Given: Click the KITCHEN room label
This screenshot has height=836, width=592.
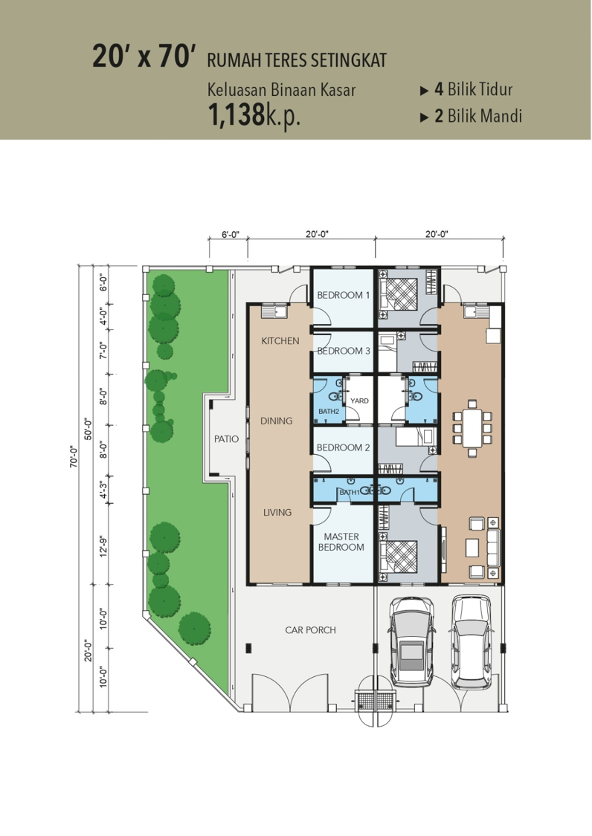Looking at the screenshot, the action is (280, 340).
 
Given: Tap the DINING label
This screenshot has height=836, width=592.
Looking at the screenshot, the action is (276, 421).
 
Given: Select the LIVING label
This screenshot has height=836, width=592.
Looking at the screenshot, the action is (277, 512).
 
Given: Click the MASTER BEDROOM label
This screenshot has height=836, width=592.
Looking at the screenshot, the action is (341, 542).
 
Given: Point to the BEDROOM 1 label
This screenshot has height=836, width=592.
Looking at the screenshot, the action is (344, 295).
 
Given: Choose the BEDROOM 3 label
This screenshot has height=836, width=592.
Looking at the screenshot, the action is (344, 351).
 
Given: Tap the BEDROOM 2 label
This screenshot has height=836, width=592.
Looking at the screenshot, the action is (344, 447).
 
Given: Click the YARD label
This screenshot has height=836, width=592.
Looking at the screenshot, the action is (359, 401).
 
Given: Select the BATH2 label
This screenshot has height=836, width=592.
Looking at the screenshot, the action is (329, 411).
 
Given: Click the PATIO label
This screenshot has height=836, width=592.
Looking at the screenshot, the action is (226, 438).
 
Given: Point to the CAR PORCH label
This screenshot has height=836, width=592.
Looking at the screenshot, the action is (310, 629).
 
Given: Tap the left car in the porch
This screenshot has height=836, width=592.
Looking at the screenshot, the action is (411, 641).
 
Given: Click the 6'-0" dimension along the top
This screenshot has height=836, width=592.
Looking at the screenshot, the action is (231, 234).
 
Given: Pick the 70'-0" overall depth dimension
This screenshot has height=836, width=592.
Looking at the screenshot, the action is (74, 456).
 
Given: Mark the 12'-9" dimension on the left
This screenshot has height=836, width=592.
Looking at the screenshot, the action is (103, 546).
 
